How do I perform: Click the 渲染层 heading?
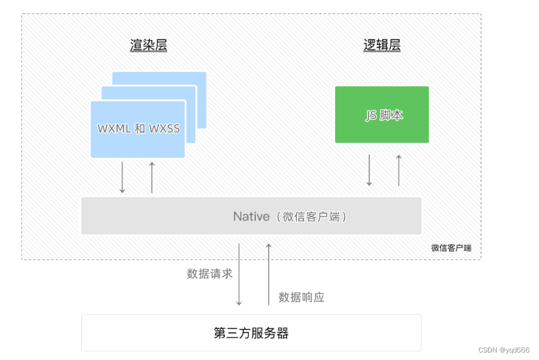pos(148,45)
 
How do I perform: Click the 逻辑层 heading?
pos(382,45)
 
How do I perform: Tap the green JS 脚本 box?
pos(382,115)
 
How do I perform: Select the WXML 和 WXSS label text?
pos(138,129)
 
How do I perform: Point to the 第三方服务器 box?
pos(251,333)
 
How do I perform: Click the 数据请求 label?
pos(210,273)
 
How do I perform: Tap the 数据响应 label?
pos(301,297)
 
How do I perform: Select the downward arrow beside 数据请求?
pos(239,274)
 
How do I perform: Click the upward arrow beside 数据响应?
pos(269,274)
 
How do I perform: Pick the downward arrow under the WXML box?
pos(122,177)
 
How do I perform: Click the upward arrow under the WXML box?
pos(152,177)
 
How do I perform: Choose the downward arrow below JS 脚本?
pos(369,170)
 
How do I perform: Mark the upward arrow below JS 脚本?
pos(399,170)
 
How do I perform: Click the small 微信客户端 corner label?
pos(451,248)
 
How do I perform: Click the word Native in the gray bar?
pos(251,216)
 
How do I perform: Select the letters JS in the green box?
pos(371,115)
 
